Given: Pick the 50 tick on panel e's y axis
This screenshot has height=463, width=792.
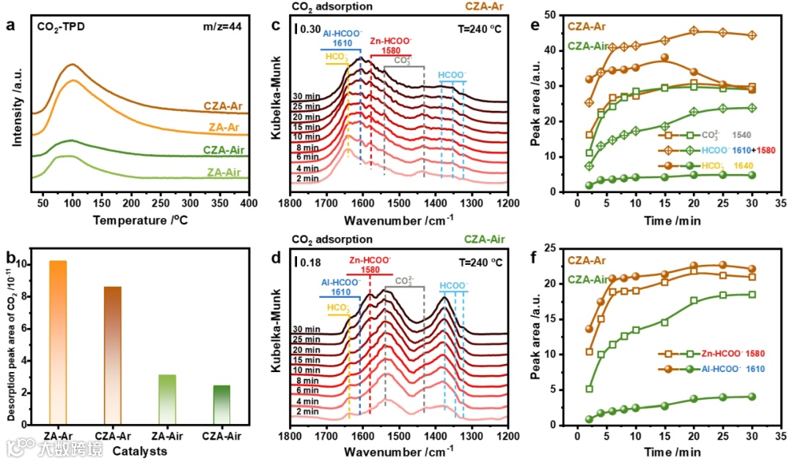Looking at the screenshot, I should click(546, 15).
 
